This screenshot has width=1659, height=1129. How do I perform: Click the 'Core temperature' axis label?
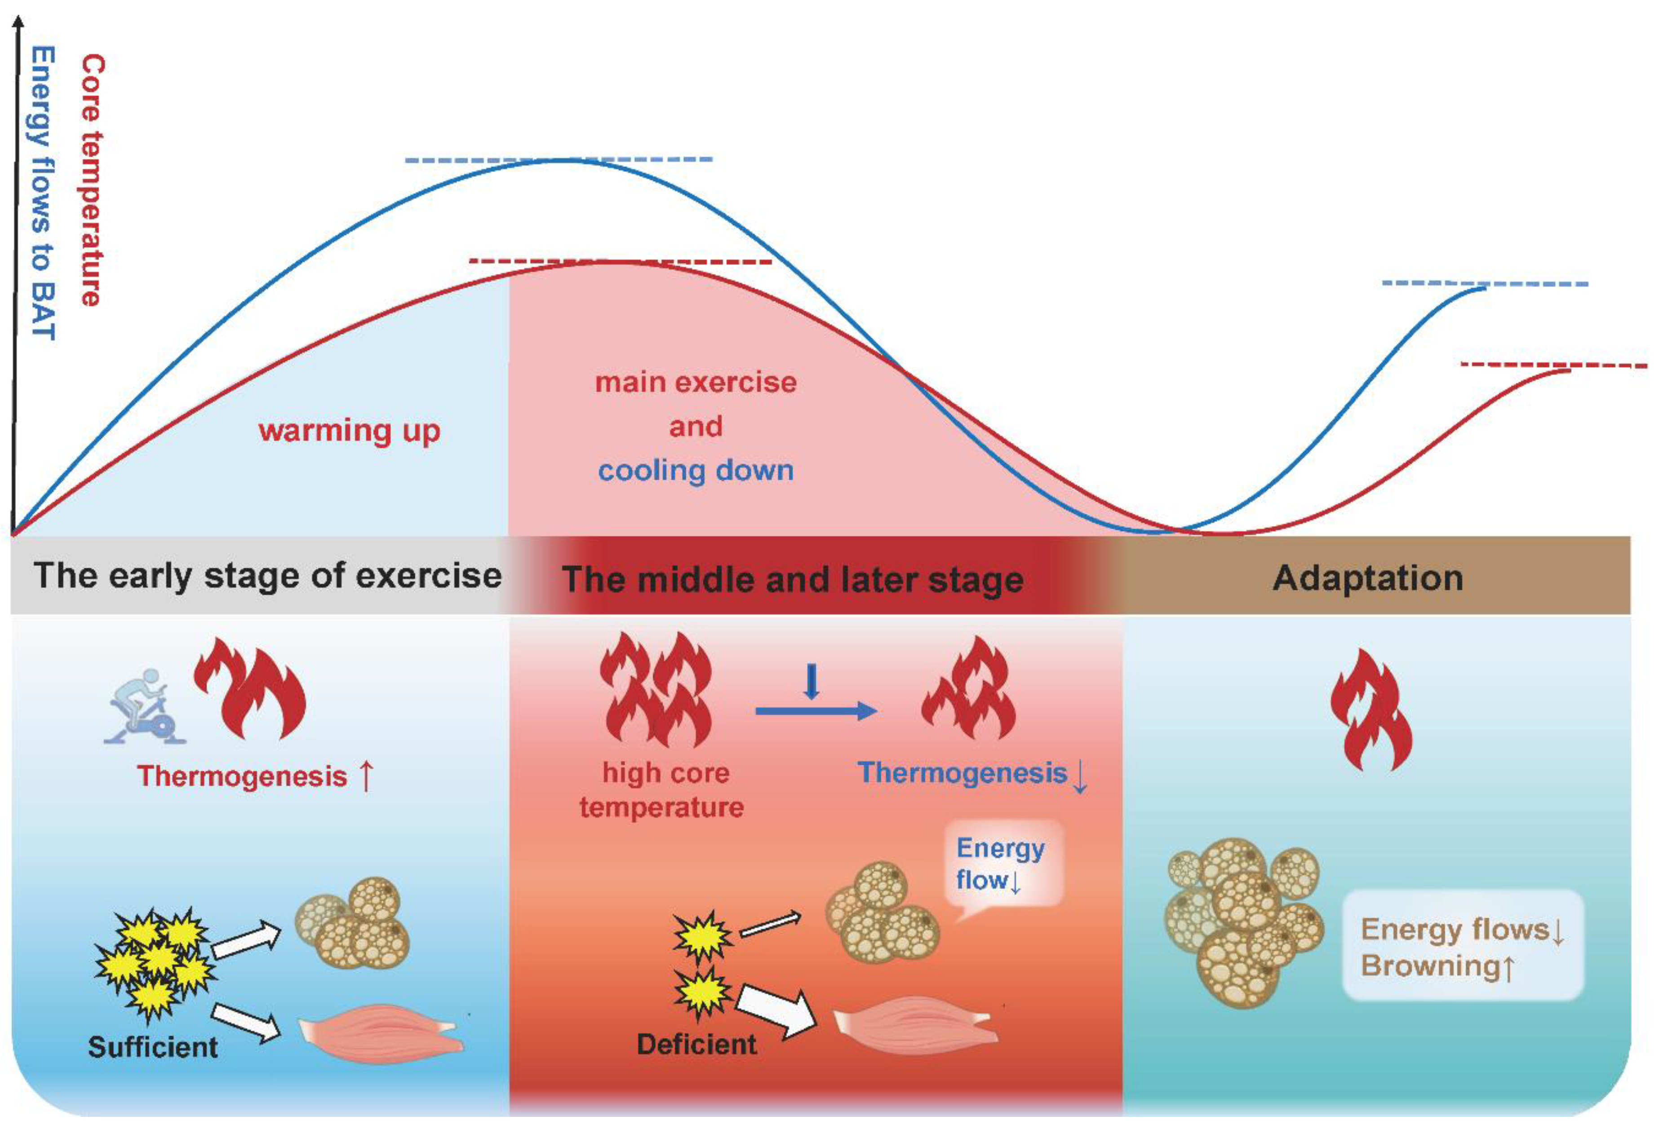tap(91, 180)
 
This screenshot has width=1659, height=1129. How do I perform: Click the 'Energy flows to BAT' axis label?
tap(43, 193)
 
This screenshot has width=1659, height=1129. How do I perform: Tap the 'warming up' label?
tap(349, 431)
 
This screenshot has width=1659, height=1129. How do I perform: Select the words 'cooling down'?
tap(695, 470)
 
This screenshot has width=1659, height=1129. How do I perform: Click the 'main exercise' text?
tap(695, 383)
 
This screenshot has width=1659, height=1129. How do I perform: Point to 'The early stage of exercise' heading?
tap(268, 575)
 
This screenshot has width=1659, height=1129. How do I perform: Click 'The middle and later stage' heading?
tap(792, 579)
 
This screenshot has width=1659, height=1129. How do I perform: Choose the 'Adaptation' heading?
tap(1367, 578)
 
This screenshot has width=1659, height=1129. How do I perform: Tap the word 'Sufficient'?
tap(153, 1047)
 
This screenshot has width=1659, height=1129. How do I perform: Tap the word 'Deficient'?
tap(696, 1044)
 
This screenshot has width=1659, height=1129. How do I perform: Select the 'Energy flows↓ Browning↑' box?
tap(1462, 947)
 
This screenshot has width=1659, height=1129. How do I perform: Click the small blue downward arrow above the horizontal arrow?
tap(811, 682)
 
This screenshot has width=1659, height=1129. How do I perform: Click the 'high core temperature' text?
tap(662, 790)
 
